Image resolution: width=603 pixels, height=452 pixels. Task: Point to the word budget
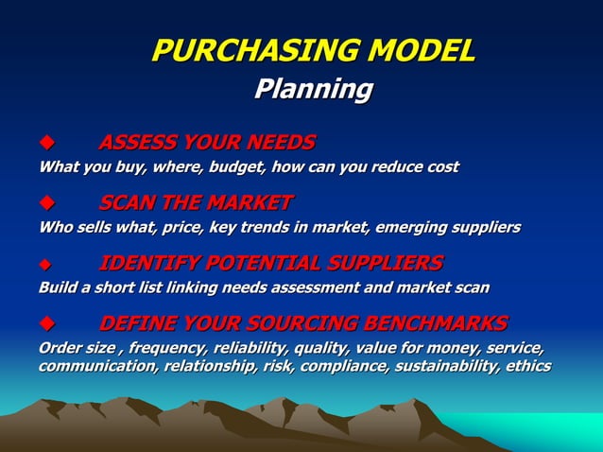click(233, 167)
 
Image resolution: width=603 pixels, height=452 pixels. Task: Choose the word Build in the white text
click(58, 287)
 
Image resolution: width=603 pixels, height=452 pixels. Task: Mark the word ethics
click(526, 366)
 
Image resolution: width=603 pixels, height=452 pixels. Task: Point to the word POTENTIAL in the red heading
click(279, 263)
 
